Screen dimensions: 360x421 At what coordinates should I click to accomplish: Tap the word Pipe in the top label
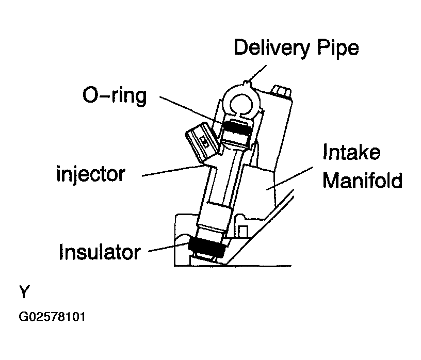click(339, 48)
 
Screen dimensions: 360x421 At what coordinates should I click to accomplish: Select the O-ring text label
click(114, 96)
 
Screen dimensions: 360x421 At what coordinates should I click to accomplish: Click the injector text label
click(90, 174)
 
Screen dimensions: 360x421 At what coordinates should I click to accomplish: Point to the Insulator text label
click(100, 252)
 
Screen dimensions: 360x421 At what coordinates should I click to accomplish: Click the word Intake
click(351, 153)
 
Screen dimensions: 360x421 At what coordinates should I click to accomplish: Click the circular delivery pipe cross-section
click(242, 101)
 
